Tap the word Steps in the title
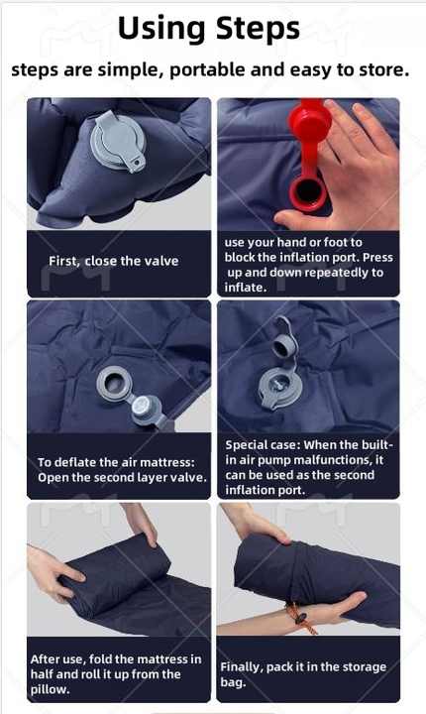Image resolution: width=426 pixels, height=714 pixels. (258, 28)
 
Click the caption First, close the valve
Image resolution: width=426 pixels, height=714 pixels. (114, 261)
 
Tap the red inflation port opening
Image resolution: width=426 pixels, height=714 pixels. (306, 193)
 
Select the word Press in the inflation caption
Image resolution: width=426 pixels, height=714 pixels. (377, 257)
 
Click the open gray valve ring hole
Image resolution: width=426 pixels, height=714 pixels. (113, 384)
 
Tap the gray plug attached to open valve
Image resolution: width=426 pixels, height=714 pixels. (145, 407)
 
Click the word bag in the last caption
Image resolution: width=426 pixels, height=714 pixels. (233, 683)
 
